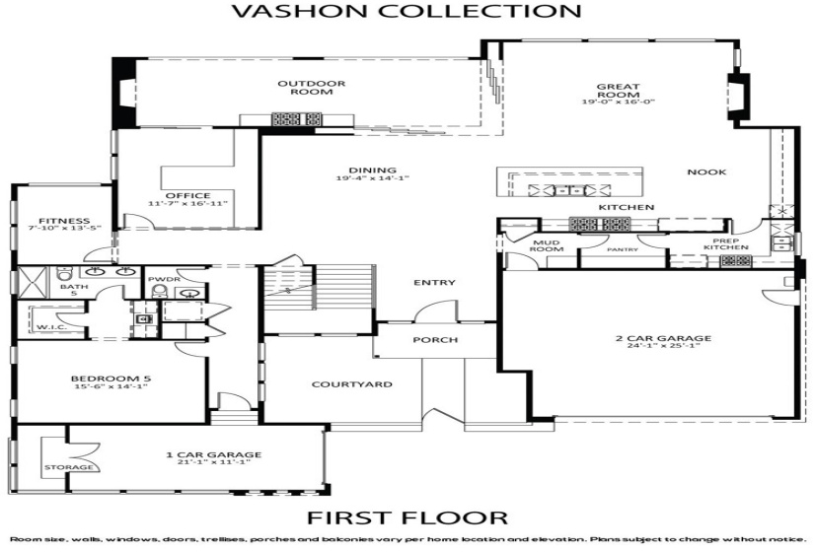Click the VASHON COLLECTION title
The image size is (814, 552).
406,12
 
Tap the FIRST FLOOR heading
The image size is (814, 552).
407,517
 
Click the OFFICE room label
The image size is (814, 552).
187,195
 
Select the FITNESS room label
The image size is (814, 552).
59,221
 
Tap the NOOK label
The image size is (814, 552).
706,172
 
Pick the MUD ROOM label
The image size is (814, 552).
547,245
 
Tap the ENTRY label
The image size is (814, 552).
434,283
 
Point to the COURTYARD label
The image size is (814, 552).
338,384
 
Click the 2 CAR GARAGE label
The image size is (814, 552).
661,339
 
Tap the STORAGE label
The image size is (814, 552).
68,466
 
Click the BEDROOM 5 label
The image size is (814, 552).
110,379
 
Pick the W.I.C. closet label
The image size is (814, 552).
50,327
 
